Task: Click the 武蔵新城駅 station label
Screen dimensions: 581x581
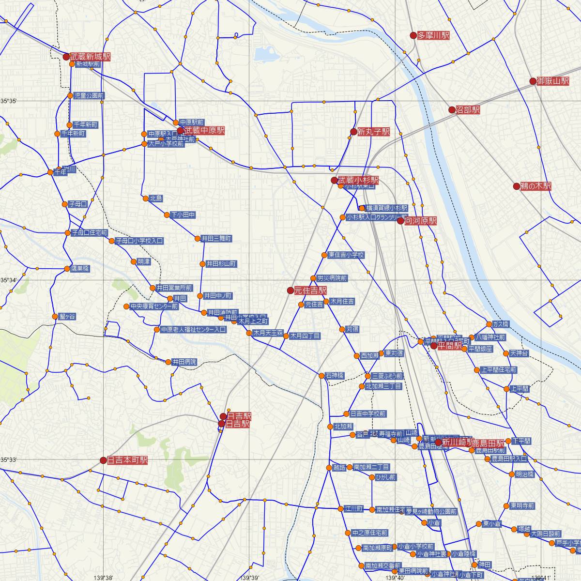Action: pyautogui.click(x=90, y=57)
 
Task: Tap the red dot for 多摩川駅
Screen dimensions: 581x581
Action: pyautogui.click(x=413, y=35)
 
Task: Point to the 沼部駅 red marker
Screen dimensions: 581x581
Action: pyautogui.click(x=452, y=110)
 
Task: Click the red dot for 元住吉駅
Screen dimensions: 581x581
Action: pyautogui.click(x=290, y=290)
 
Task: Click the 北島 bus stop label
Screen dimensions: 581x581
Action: pyautogui.click(x=156, y=199)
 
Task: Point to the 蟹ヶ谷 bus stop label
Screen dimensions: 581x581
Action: pyautogui.click(x=67, y=317)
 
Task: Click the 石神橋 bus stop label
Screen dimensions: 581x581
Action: pyautogui.click(x=335, y=376)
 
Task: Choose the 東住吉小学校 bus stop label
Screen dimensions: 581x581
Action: pyautogui.click(x=346, y=255)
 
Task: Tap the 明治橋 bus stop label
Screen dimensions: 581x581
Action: pyautogui.click(x=524, y=474)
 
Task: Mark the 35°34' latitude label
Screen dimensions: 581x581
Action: pyautogui.click(x=9, y=280)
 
